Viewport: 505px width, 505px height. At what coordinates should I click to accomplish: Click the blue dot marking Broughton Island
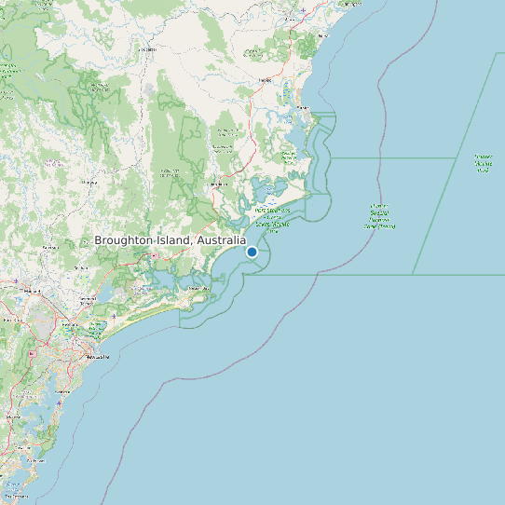tap(252, 252)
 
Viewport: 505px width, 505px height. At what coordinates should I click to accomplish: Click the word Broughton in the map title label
tap(123, 240)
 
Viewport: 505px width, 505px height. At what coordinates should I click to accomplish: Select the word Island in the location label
tap(171, 240)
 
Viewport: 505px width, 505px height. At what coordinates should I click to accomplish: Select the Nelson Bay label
tap(198, 289)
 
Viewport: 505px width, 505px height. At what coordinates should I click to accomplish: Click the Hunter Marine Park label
tap(483, 164)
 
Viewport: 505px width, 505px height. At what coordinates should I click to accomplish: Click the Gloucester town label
tap(147, 48)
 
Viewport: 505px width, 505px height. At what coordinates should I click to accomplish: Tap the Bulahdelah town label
tap(220, 184)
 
